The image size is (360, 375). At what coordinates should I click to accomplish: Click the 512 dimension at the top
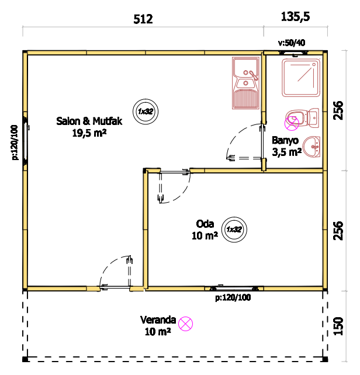click(143, 19)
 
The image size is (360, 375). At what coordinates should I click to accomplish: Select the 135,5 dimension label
click(295, 17)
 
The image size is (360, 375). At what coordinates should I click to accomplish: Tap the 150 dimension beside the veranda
click(338, 326)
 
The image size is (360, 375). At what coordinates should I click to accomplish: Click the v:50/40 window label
click(292, 43)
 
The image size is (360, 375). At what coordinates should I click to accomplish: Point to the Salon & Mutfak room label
click(89, 121)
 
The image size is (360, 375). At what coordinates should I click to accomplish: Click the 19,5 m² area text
click(89, 133)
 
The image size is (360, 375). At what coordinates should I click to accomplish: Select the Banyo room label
click(285, 141)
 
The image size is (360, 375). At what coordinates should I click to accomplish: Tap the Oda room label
click(205, 224)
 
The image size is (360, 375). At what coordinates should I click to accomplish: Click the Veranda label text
click(158, 320)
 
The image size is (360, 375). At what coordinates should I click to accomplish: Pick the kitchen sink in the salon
click(245, 83)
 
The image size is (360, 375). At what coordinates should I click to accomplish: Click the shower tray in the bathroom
click(301, 78)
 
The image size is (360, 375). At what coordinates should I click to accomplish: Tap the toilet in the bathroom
click(302, 118)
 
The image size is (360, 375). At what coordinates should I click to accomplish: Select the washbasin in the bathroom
click(311, 147)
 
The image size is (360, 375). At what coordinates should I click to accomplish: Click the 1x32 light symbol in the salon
click(146, 112)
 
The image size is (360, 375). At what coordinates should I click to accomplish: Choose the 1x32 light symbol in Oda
click(234, 230)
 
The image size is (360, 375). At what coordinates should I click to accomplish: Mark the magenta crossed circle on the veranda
click(186, 324)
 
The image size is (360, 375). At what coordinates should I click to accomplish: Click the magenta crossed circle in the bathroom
click(292, 123)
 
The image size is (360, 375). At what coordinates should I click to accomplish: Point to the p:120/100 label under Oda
click(233, 298)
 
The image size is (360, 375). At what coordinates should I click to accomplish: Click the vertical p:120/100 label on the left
click(15, 143)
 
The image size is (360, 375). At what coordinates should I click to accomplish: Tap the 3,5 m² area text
click(287, 152)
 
